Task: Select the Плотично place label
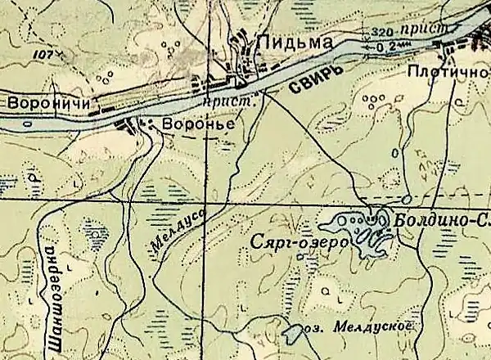445,73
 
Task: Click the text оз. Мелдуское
356,325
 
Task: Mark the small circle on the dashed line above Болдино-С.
407,199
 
